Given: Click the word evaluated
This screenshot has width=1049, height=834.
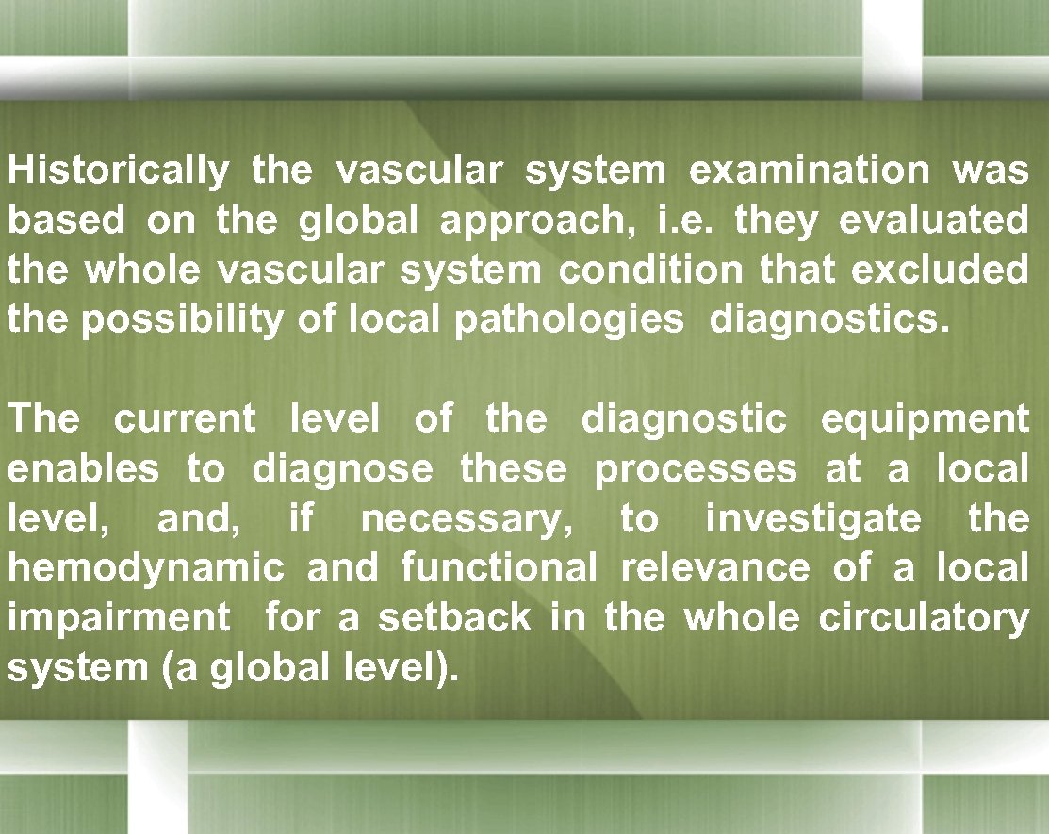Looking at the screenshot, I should pyautogui.click(x=933, y=221).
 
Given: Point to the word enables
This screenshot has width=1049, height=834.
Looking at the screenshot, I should pyautogui.click(x=84, y=468).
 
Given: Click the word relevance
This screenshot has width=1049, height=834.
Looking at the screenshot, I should pyautogui.click(x=715, y=568).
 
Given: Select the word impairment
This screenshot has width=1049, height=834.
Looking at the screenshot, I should pyautogui.click(x=119, y=618).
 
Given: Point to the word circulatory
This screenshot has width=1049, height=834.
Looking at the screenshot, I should pyautogui.click(x=924, y=618).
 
